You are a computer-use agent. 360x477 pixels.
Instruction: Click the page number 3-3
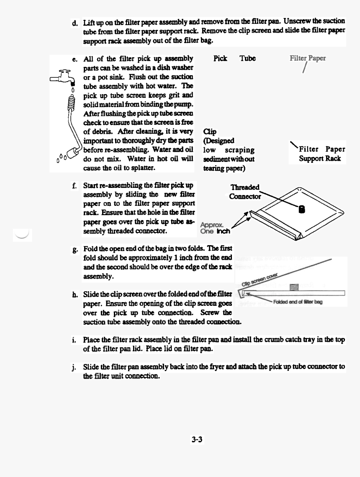pos(197,439)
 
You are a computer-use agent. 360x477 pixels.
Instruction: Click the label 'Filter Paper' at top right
pos(308,58)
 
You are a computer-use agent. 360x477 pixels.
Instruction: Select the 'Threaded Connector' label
pos(245,192)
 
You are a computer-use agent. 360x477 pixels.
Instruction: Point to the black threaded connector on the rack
pos(301,209)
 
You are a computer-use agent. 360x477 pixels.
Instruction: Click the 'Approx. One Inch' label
pos(215,227)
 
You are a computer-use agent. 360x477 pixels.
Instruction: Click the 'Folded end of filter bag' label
pos(297,302)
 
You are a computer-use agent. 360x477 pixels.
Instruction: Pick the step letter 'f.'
pos(75,185)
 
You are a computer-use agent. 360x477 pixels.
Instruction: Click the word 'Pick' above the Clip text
pos(220,59)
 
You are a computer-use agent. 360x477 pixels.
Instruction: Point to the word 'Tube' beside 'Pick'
pos(247,59)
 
